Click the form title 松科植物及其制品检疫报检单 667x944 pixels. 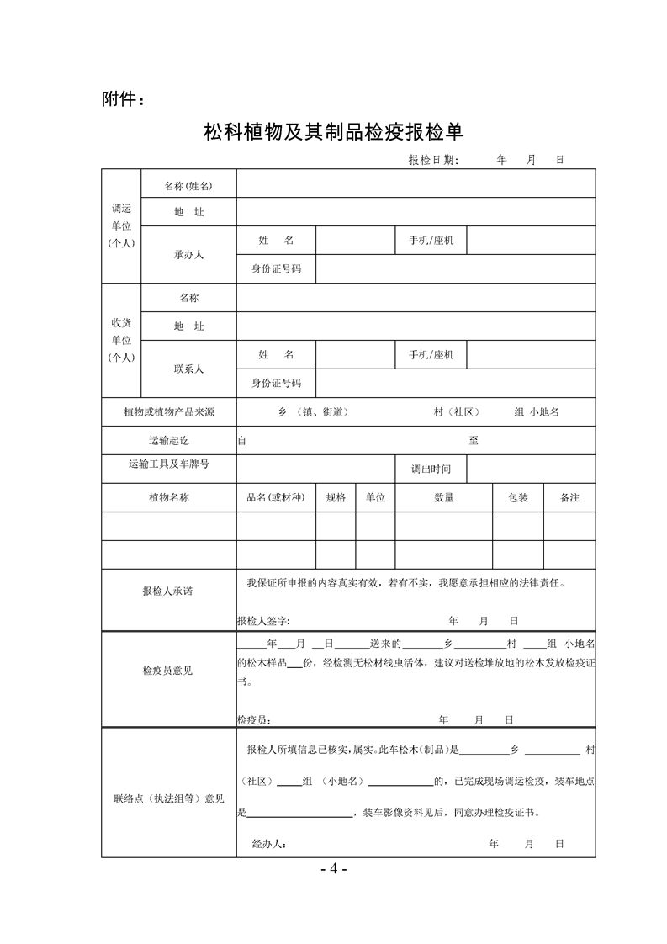(x=334, y=133)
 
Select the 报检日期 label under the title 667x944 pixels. (x=433, y=159)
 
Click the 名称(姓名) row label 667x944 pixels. (x=188, y=185)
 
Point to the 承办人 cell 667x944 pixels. (x=188, y=254)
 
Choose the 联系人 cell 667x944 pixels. (x=188, y=369)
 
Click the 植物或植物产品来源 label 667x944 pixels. (x=168, y=412)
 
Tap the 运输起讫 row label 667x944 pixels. (x=168, y=440)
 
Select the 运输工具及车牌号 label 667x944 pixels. (x=168, y=464)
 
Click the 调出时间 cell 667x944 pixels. (x=430, y=469)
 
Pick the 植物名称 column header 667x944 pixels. (x=168, y=498)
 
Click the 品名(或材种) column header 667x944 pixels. (x=275, y=498)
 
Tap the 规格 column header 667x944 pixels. (x=336, y=498)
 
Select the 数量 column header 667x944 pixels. (x=444, y=498)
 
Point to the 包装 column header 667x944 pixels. (x=518, y=498)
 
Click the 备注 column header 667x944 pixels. (x=569, y=498)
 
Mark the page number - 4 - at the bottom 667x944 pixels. (x=333, y=868)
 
